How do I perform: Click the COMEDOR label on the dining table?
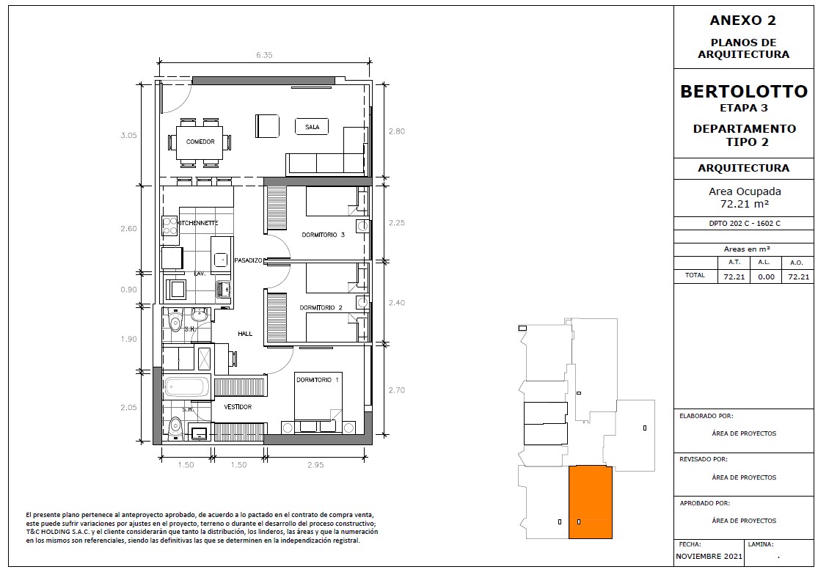[x=200, y=142]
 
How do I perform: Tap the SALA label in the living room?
[x=312, y=127]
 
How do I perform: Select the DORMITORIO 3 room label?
[x=323, y=235]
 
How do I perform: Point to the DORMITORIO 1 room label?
[x=317, y=380]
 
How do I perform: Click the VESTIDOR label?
[x=238, y=407]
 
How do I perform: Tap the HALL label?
[x=245, y=334]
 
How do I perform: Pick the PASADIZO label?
[x=249, y=260]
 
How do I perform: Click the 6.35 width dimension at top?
[x=264, y=55]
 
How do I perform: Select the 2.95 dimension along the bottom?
[x=315, y=465]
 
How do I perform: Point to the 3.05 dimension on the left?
[x=128, y=135]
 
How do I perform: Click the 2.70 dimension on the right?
[x=396, y=391]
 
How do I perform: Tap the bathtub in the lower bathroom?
[x=186, y=387]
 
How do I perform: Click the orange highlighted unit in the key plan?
[x=591, y=502]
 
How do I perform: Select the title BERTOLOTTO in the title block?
[x=744, y=92]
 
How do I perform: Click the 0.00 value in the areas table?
[x=766, y=276]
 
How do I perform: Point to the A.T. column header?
[x=734, y=262]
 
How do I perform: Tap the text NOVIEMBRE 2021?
[x=709, y=557]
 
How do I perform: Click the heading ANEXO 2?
[x=743, y=21]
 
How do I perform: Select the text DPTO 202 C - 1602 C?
[x=745, y=224]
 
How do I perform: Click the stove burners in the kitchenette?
[x=169, y=226]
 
